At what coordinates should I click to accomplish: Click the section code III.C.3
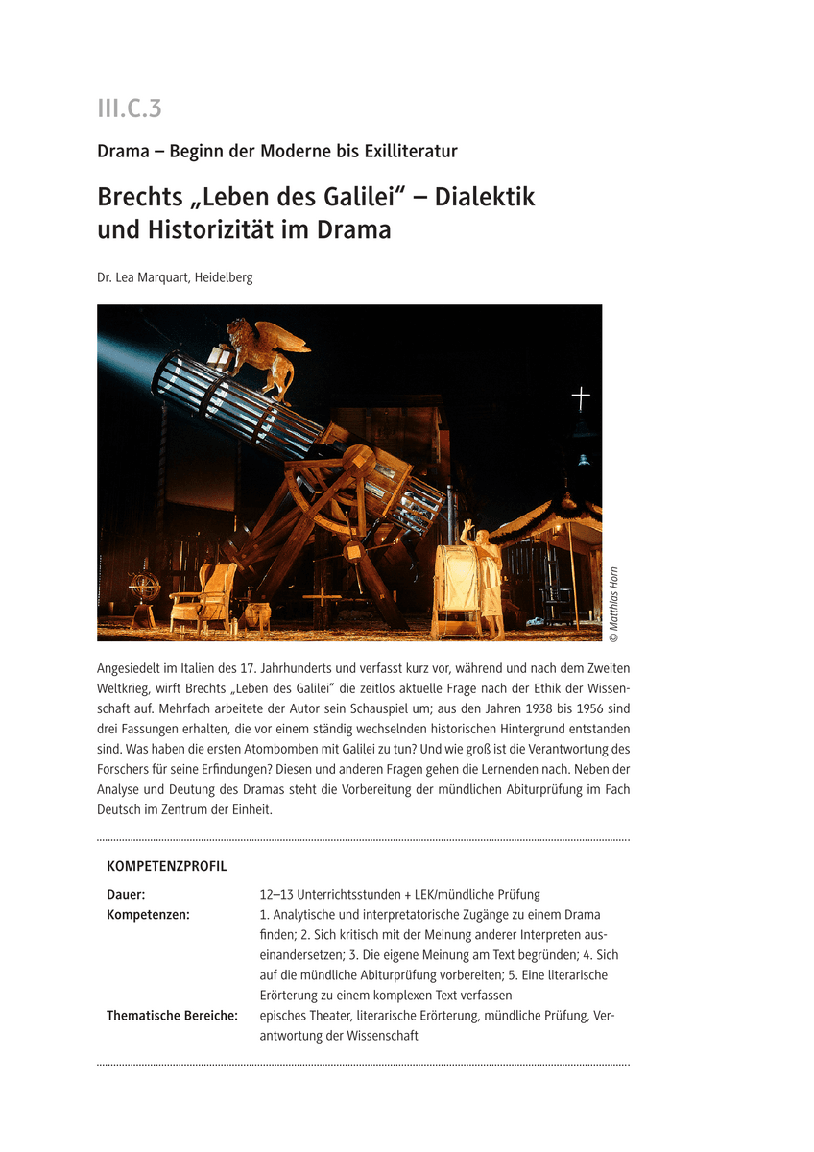point(129,109)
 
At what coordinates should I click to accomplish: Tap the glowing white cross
point(580,396)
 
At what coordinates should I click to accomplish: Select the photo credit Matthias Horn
point(614,605)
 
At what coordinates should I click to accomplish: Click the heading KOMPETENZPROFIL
point(167,866)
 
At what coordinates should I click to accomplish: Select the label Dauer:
point(126,895)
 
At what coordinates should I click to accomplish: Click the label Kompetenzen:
point(148,915)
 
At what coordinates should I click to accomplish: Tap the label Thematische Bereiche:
point(172,1016)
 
